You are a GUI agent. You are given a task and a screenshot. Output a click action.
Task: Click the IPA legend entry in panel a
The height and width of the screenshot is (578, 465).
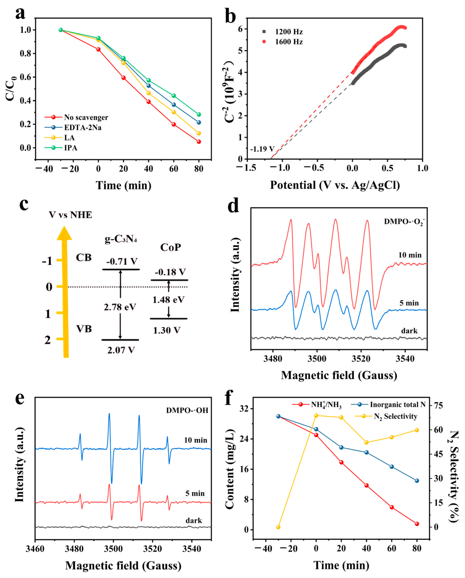[x=70, y=148]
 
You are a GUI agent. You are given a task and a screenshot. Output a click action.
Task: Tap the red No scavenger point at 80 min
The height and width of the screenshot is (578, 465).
[x=199, y=142]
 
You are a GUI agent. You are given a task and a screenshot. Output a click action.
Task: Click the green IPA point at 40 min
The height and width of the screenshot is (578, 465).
[x=148, y=80]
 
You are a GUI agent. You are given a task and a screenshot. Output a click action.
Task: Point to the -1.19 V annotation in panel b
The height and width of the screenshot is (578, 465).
[x=262, y=149]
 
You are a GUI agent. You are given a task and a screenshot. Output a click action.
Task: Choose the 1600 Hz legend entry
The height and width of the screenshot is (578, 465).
[x=289, y=42]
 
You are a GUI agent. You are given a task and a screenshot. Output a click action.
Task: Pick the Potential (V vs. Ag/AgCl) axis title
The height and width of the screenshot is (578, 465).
[x=335, y=185]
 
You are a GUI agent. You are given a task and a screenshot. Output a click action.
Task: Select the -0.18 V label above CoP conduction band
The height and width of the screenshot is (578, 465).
[x=170, y=272]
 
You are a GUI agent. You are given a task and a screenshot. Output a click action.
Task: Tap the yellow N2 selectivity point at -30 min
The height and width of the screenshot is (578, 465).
[x=278, y=527]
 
